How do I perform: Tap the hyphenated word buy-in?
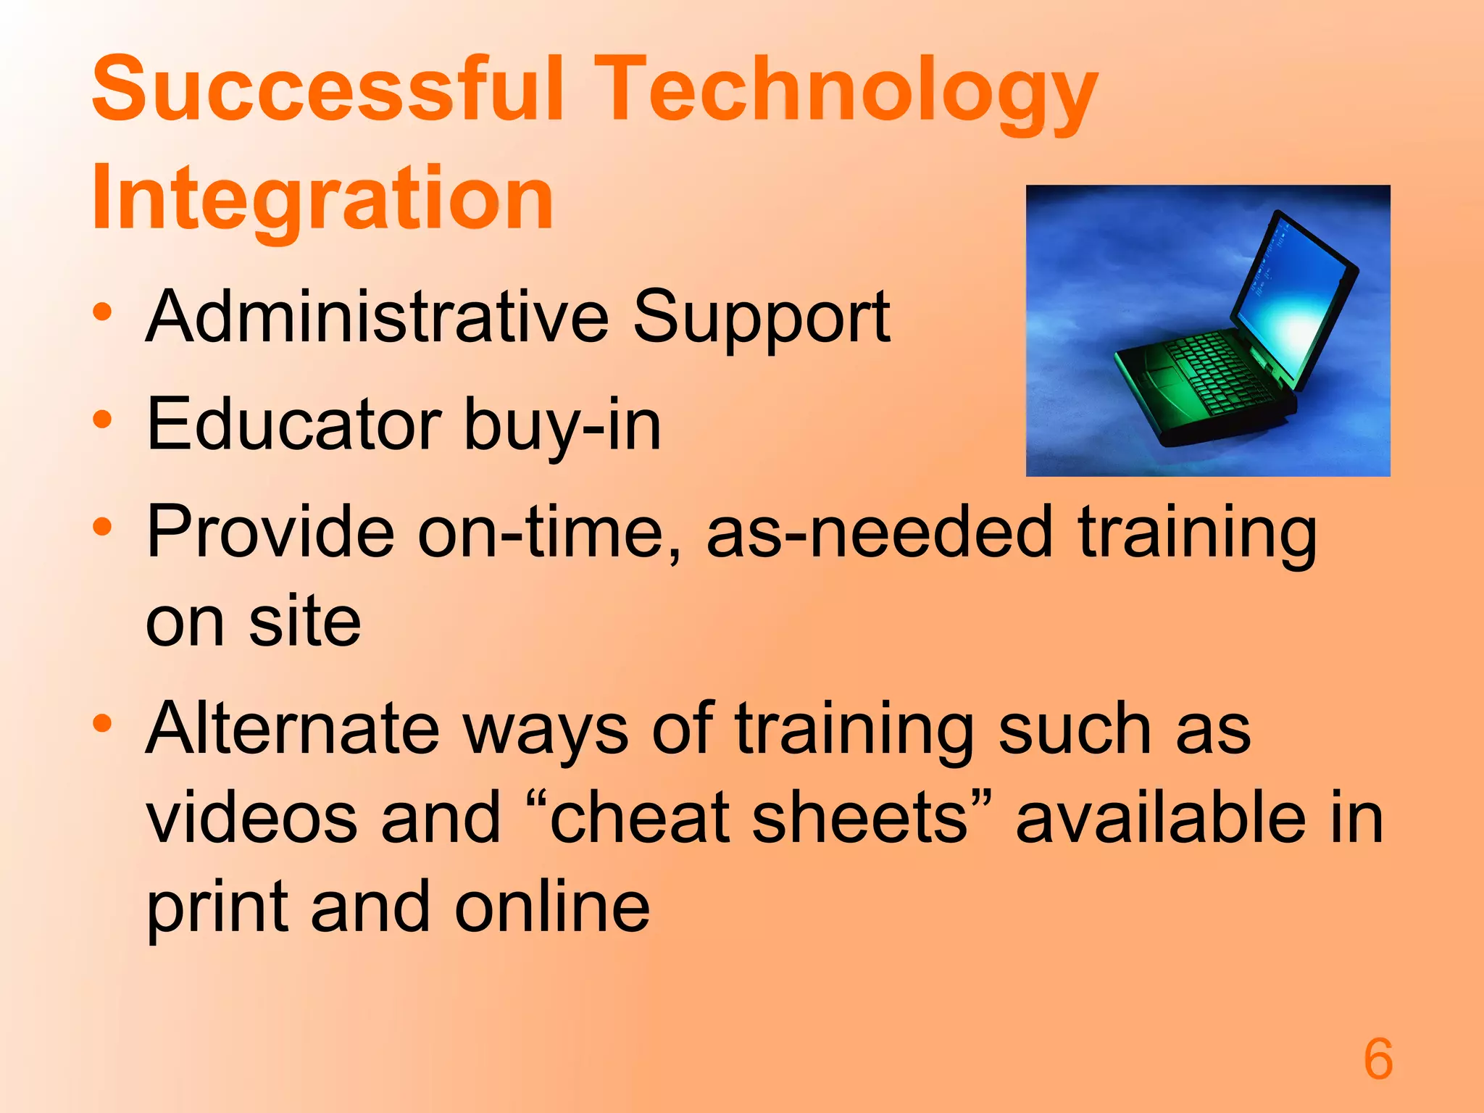click(x=562, y=426)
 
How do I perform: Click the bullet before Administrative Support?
click(x=102, y=313)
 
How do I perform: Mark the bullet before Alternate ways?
click(x=102, y=723)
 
